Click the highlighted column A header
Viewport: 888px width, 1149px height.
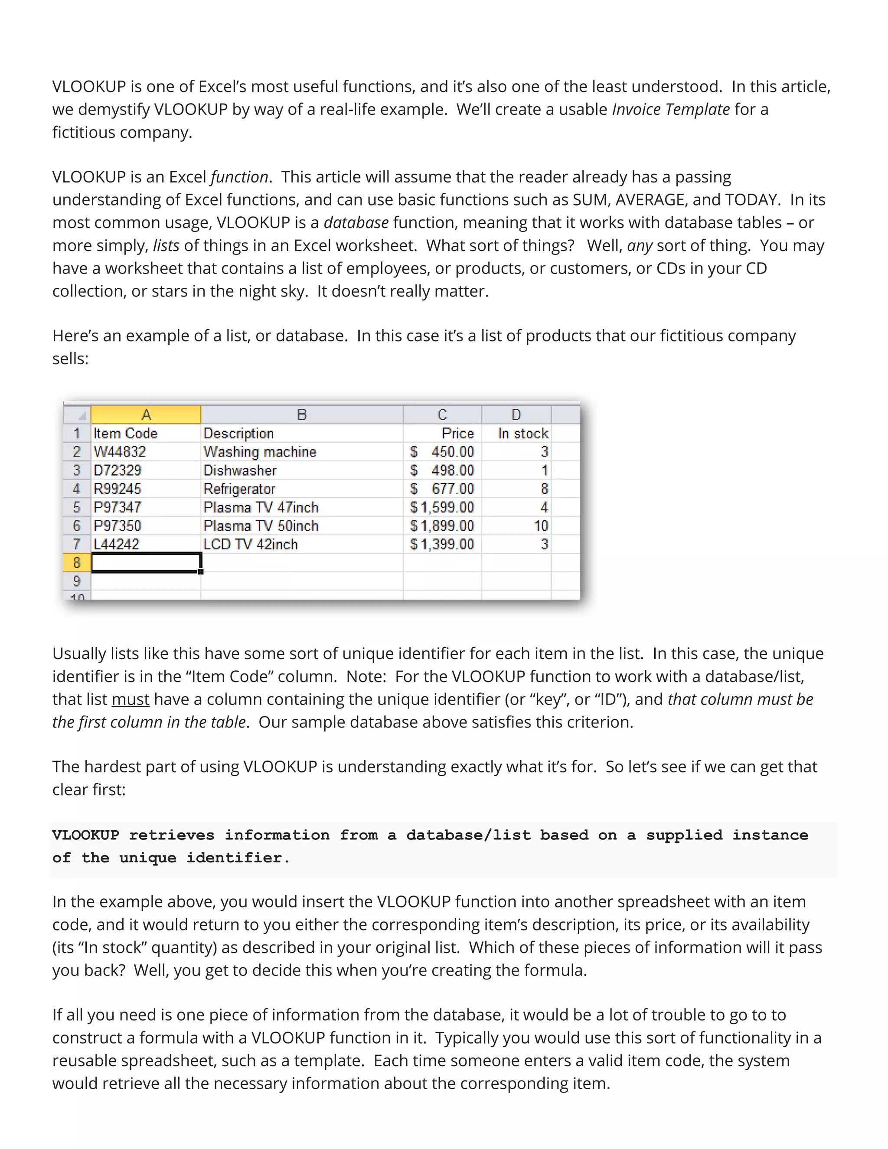pyautogui.click(x=146, y=415)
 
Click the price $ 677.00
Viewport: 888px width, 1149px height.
pyautogui.click(x=442, y=489)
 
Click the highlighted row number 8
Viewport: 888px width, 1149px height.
pyautogui.click(x=77, y=563)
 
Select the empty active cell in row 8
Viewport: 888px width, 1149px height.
pyautogui.click(x=146, y=563)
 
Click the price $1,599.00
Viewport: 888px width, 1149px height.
pyautogui.click(x=442, y=507)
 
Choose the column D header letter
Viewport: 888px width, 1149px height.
pyautogui.click(x=516, y=415)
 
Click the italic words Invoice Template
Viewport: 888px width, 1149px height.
pyautogui.click(x=671, y=109)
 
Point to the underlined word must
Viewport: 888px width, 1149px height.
pyautogui.click(x=131, y=699)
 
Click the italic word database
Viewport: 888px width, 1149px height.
pyautogui.click(x=356, y=222)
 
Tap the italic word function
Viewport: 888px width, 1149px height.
pyautogui.click(x=239, y=177)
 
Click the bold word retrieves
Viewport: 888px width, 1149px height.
pyautogui.click(x=172, y=836)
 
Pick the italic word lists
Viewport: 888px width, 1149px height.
pyautogui.click(x=166, y=246)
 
